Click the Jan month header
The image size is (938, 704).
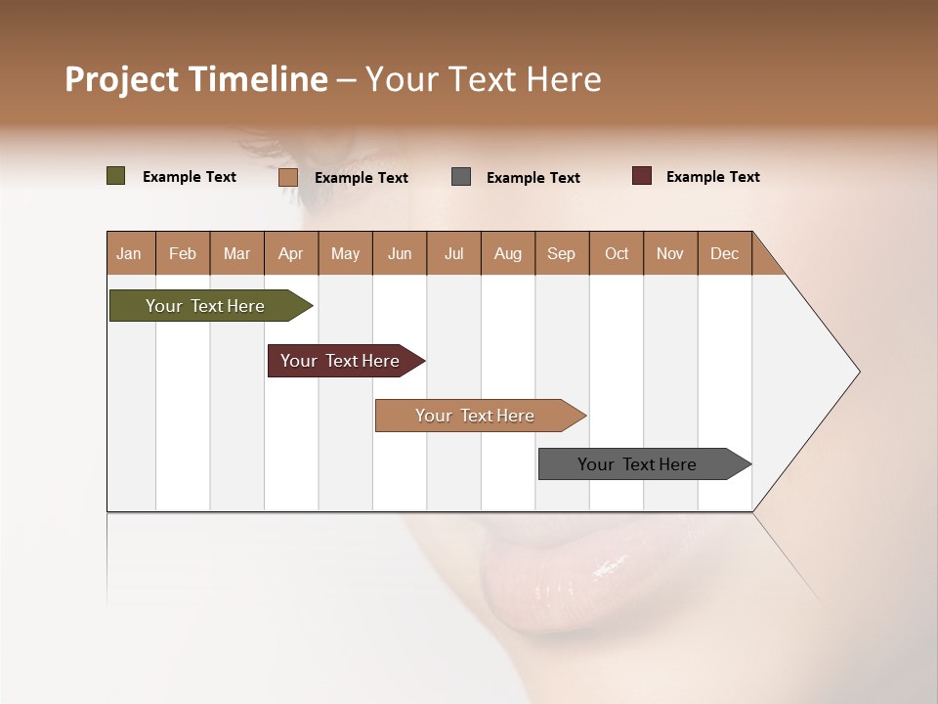click(x=129, y=253)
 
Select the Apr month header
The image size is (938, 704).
click(x=290, y=253)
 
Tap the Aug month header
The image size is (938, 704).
click(x=507, y=253)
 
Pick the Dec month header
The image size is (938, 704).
click(x=724, y=253)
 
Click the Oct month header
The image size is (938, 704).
click(x=616, y=253)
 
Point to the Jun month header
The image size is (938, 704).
click(x=399, y=253)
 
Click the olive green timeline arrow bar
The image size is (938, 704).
click(x=205, y=306)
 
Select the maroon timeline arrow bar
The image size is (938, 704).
click(x=340, y=361)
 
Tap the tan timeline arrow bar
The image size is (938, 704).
click(x=475, y=416)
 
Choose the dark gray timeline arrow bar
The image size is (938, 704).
click(x=637, y=464)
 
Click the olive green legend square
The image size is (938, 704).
click(x=115, y=176)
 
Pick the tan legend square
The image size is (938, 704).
click(x=287, y=177)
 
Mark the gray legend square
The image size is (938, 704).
click(x=461, y=177)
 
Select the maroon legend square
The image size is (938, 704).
click(x=641, y=176)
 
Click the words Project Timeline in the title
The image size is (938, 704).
click(x=195, y=79)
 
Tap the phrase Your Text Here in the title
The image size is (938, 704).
click(x=483, y=79)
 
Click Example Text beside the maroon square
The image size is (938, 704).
click(x=712, y=177)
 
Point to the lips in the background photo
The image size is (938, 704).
click(x=557, y=577)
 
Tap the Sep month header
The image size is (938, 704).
click(x=561, y=253)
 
